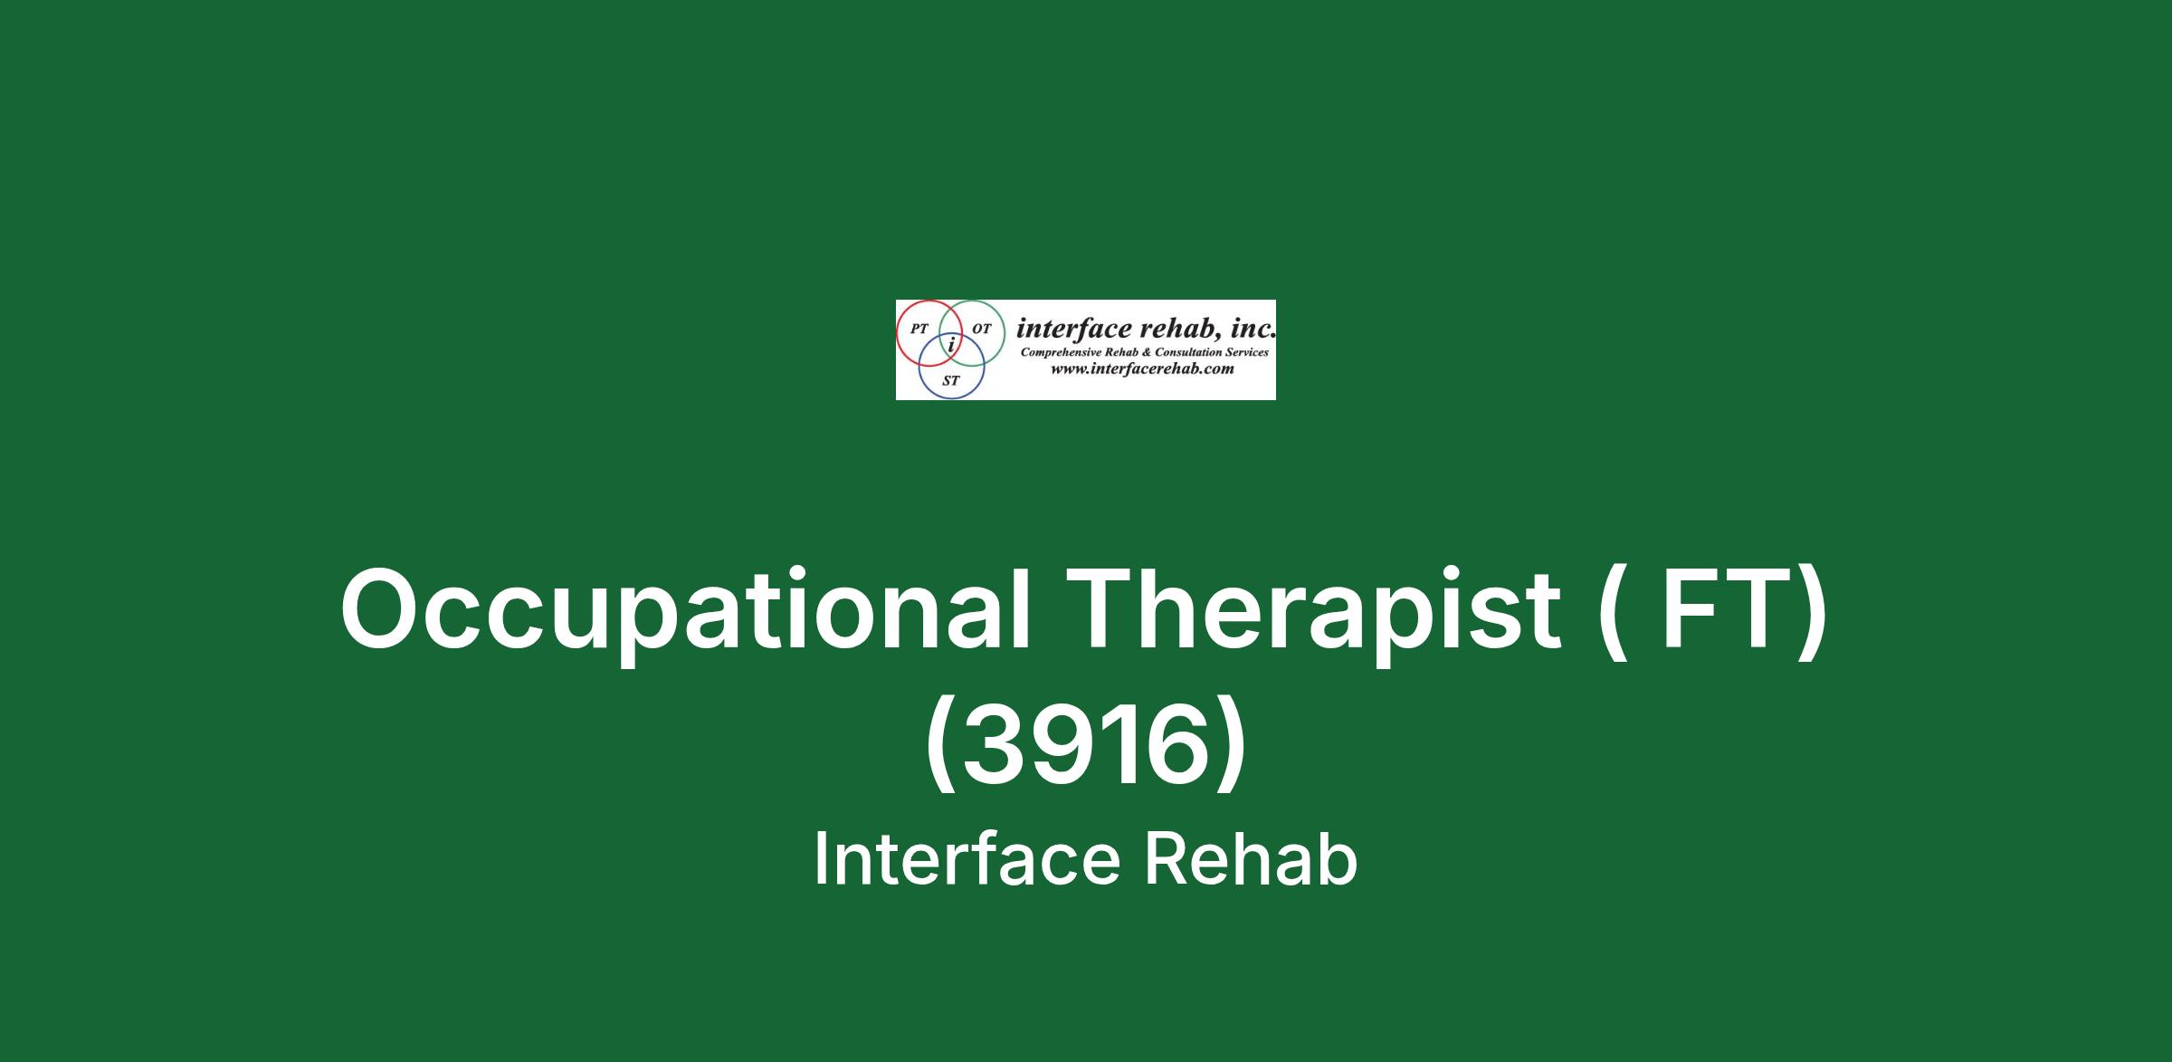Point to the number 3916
pos(1086,746)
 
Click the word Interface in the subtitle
pos(967,858)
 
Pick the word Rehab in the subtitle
pos(1251,858)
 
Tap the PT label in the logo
pos(919,330)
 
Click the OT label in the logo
pos(982,330)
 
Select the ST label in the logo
pos(950,381)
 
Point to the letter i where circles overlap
pos(951,345)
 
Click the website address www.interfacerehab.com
pos(1142,368)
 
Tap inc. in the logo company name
pos(1253,328)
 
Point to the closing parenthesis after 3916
pos(1232,749)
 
